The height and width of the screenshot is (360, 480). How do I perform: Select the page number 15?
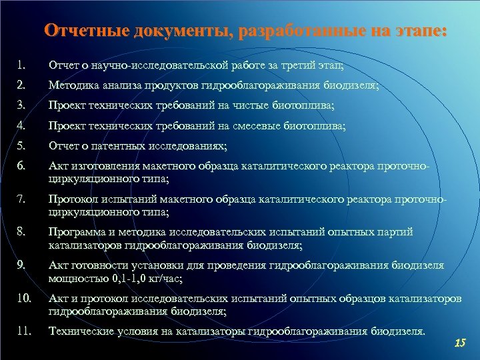(459, 343)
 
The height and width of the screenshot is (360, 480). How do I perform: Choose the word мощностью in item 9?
(72, 277)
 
